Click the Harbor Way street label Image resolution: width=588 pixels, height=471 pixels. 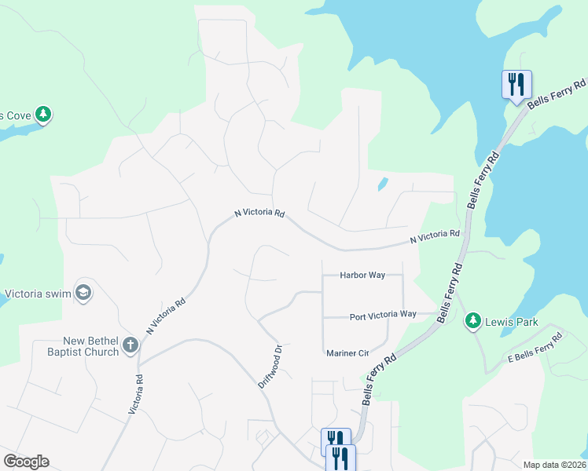(x=362, y=276)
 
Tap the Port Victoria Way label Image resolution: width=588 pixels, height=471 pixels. (x=383, y=315)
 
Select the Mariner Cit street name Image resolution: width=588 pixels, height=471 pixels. (x=347, y=353)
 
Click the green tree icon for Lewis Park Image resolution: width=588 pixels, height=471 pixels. (x=472, y=320)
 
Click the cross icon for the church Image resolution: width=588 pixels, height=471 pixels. (x=130, y=344)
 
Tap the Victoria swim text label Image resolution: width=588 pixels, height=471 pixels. (x=38, y=295)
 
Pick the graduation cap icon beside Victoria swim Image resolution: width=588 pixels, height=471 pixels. (x=83, y=294)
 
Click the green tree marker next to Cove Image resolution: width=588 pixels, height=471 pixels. (x=43, y=115)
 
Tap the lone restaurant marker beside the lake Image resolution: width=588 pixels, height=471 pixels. (x=516, y=83)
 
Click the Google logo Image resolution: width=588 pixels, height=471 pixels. (x=26, y=462)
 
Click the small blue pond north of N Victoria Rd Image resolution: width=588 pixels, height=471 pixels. (x=382, y=184)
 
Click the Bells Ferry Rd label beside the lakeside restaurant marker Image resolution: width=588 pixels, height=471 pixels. (x=557, y=93)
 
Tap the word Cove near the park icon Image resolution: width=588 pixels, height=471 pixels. (x=16, y=116)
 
